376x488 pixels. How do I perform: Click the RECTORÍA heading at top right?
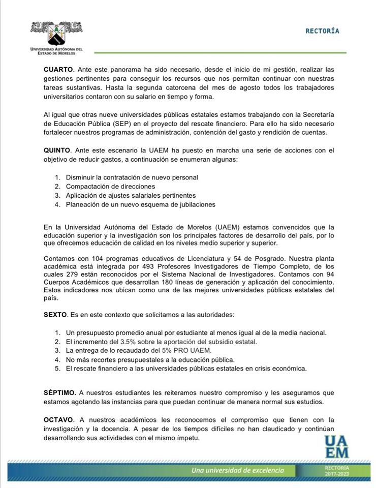(x=322, y=31)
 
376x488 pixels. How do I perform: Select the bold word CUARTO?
(x=58, y=69)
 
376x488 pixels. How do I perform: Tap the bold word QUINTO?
(x=58, y=150)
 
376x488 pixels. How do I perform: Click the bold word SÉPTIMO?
(x=60, y=393)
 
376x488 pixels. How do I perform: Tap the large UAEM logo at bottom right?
(x=337, y=446)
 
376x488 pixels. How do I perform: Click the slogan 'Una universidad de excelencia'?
(x=237, y=470)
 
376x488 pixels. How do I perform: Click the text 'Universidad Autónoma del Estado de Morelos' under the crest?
(x=56, y=51)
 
